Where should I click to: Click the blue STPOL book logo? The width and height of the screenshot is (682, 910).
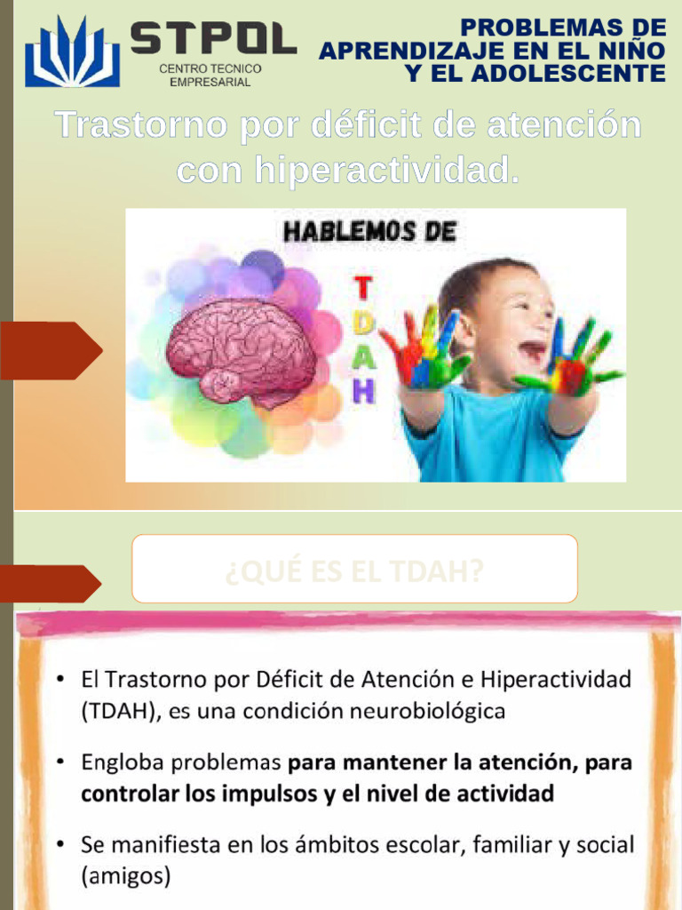(72, 52)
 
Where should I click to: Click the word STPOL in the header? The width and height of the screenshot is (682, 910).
(212, 38)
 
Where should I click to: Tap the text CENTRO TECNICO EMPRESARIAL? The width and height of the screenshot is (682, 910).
(210, 76)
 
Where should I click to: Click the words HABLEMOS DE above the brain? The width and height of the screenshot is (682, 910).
(369, 233)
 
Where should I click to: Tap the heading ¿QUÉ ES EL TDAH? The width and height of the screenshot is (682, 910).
(354, 571)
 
